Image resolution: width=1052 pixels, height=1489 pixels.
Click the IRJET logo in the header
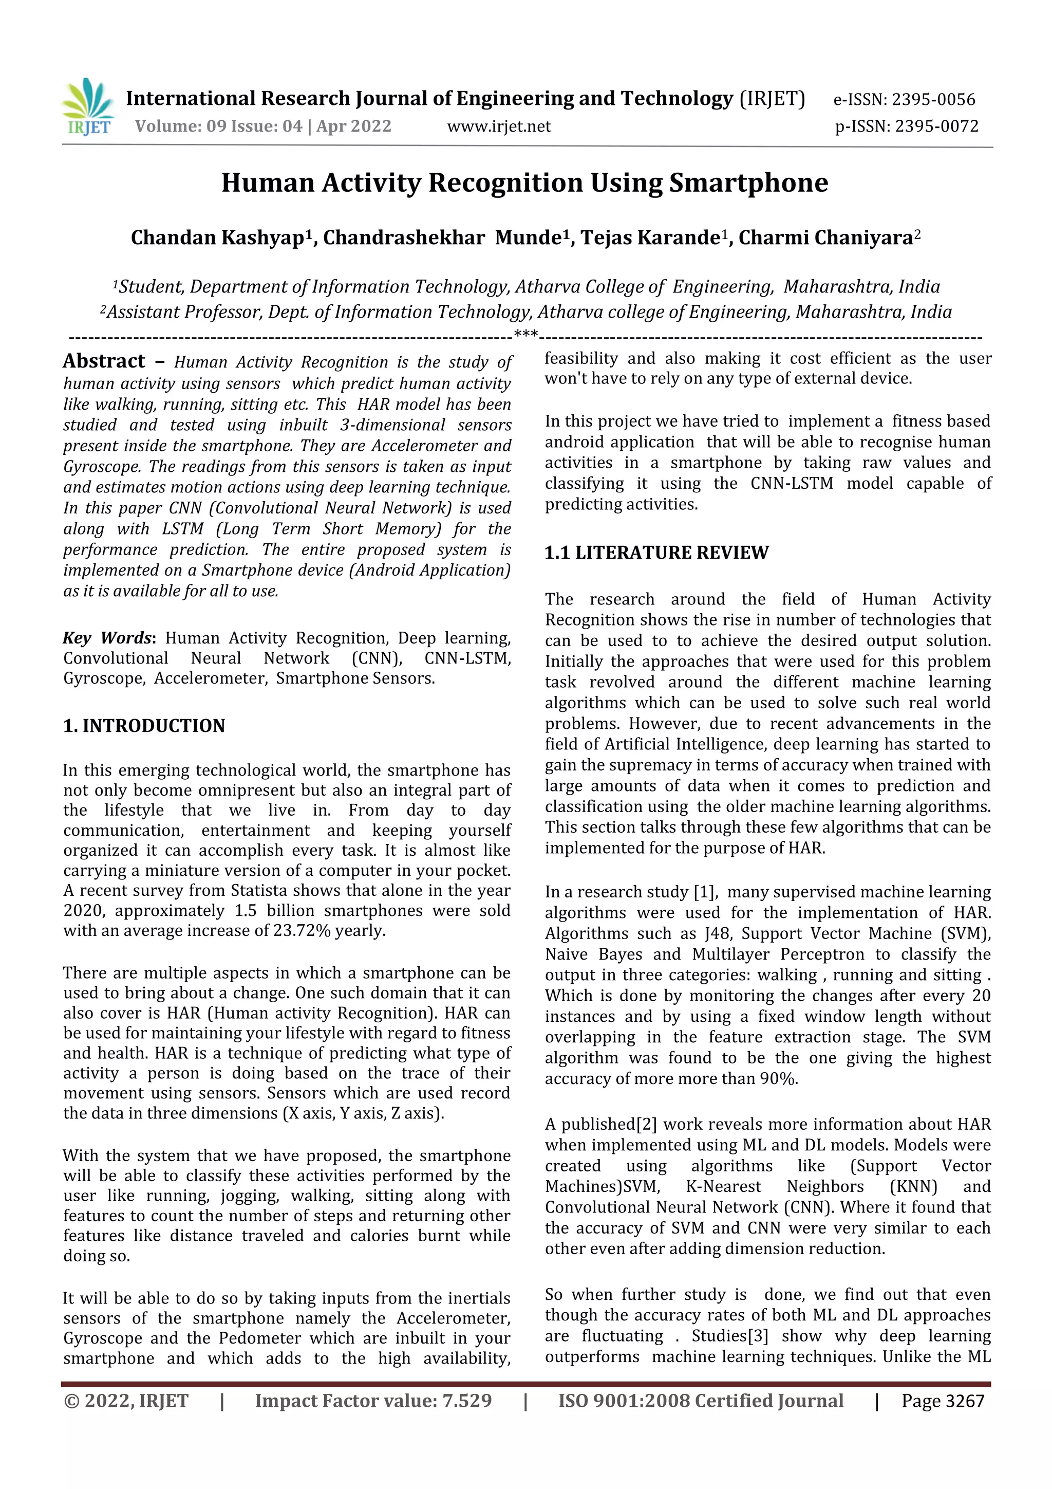pos(88,107)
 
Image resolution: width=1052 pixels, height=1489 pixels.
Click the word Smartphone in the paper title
pos(748,183)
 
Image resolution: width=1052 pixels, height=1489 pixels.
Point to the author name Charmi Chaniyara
pos(825,238)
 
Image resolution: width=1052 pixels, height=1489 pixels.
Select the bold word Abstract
pos(104,361)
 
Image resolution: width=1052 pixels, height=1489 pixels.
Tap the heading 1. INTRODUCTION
pos(144,726)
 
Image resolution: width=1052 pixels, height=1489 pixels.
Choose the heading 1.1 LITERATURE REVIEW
pos(656,553)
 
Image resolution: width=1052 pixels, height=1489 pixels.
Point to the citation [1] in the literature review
pos(705,892)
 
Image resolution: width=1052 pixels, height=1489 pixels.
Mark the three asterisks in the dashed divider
pos(525,335)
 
